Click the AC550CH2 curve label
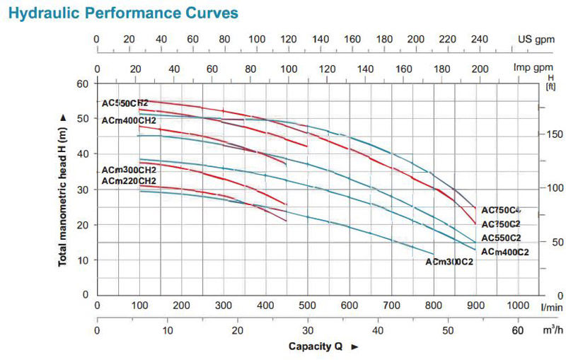(x=125, y=103)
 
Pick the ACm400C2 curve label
(x=504, y=251)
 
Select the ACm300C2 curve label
(x=449, y=262)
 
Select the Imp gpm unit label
(x=533, y=69)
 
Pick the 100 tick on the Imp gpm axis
(x=288, y=69)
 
